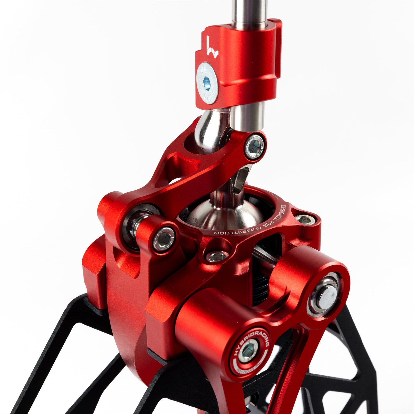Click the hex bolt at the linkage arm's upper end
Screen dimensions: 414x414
(254, 147)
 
